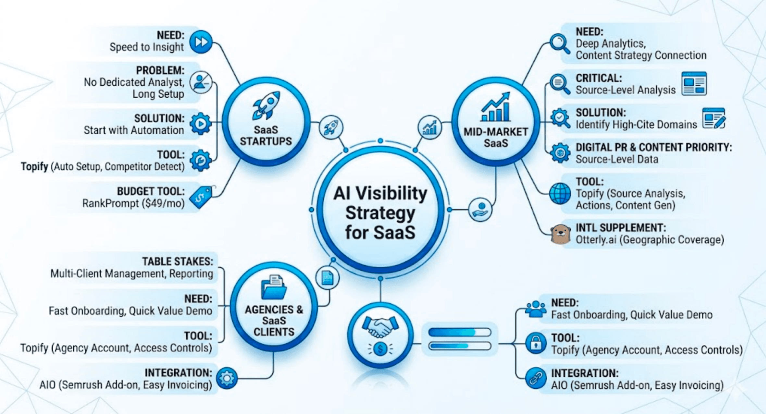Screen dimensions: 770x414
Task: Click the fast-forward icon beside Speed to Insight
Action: tap(201, 42)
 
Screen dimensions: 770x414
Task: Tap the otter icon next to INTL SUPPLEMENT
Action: tap(561, 234)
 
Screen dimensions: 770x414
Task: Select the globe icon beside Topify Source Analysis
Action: tap(560, 194)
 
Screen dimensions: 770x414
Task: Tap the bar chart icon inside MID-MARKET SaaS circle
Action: tap(496, 107)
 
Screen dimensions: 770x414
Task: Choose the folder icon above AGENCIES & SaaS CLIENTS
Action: tap(274, 287)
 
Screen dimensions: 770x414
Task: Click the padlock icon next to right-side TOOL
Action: tap(536, 343)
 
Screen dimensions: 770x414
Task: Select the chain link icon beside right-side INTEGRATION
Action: tap(536, 378)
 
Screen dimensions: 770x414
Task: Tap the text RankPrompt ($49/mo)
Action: tap(133, 203)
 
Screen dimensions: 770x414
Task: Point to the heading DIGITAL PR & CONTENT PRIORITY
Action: tap(653, 147)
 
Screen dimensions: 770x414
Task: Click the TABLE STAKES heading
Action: tap(178, 262)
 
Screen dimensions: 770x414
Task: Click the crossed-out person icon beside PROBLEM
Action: tap(201, 82)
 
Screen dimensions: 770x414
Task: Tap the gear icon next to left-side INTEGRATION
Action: tap(227, 378)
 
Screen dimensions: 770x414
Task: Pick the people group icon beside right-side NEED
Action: tap(536, 309)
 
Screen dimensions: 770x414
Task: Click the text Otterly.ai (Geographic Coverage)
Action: tap(650, 240)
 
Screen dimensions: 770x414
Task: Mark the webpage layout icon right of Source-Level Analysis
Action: tap(694, 84)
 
